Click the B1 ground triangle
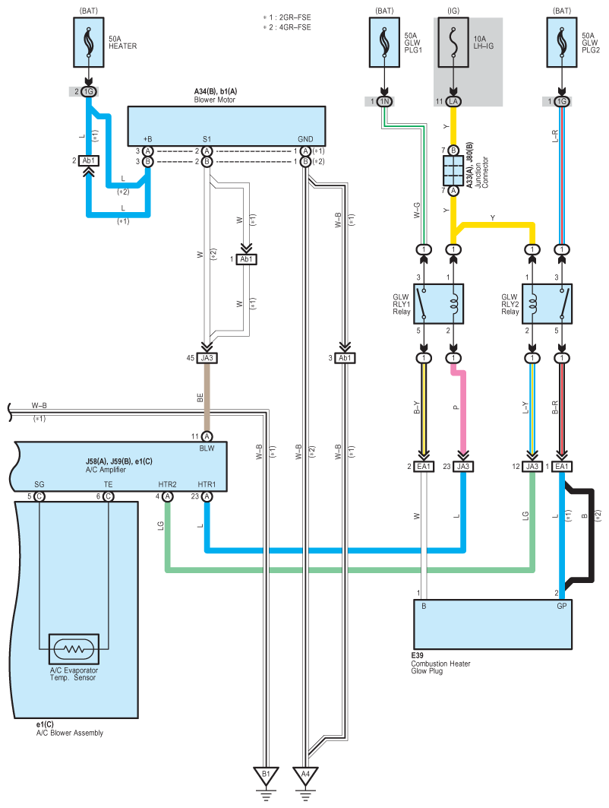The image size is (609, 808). click(267, 775)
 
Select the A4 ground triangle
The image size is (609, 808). click(305, 775)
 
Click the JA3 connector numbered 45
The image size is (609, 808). click(207, 358)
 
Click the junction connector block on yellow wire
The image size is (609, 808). click(453, 170)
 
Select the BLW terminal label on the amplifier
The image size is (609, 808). click(207, 449)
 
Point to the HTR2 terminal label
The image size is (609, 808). click(168, 484)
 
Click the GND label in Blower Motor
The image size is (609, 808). click(305, 139)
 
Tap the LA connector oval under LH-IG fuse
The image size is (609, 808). click(453, 101)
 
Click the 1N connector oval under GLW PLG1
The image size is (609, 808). click(386, 101)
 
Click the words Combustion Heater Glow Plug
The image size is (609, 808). click(440, 667)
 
